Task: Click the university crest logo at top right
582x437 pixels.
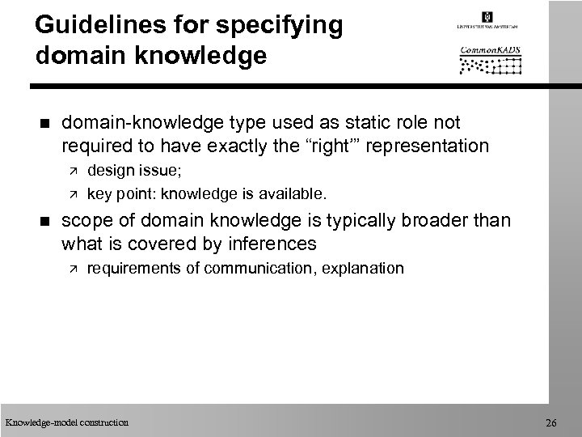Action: tap(487, 18)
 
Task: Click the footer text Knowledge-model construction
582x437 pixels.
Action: tap(66, 422)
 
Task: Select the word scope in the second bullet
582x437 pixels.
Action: tap(82, 220)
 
